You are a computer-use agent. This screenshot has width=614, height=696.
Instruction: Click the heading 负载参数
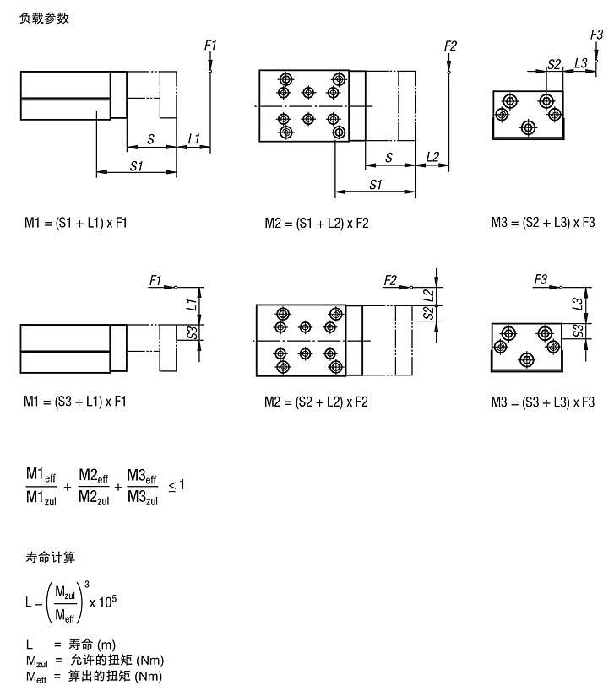tap(45, 19)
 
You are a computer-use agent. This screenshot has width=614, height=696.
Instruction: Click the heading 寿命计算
tap(50, 557)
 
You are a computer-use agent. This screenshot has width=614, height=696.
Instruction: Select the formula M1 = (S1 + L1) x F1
tap(76, 223)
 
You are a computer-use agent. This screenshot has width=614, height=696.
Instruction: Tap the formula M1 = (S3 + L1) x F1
tap(75, 402)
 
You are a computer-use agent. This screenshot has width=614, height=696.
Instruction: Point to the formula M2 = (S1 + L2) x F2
tap(317, 223)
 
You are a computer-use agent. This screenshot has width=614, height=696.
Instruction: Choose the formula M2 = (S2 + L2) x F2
tap(317, 402)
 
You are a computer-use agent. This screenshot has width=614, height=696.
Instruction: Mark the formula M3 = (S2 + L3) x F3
tap(543, 223)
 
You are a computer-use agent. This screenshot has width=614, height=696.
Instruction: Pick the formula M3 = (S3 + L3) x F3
tap(543, 402)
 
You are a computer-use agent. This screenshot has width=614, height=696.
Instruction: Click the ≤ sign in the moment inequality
tap(172, 487)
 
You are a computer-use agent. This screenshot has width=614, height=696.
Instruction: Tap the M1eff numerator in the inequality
tap(41, 475)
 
